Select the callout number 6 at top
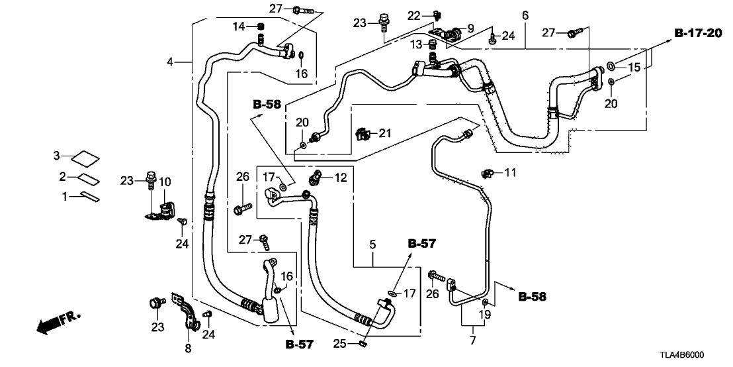click(x=525, y=15)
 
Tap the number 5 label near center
click(x=373, y=245)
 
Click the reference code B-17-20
click(x=698, y=33)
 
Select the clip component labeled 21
click(x=362, y=134)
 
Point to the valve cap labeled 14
click(x=261, y=26)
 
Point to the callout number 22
click(x=413, y=15)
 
